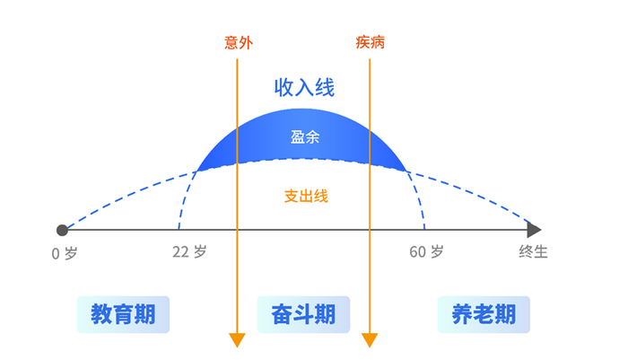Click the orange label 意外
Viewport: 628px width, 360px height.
pyautogui.click(x=237, y=42)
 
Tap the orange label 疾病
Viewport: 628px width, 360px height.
pyautogui.click(x=370, y=42)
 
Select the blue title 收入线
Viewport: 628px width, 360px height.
pyautogui.click(x=304, y=87)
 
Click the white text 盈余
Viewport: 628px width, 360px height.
pyautogui.click(x=305, y=137)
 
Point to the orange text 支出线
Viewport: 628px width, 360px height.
pyautogui.click(x=306, y=195)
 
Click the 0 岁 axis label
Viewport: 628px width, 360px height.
pyautogui.click(x=65, y=253)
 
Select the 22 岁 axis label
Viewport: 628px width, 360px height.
pyautogui.click(x=189, y=253)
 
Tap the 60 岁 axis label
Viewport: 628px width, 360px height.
pyautogui.click(x=426, y=253)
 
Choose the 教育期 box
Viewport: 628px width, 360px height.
pyautogui.click(x=123, y=314)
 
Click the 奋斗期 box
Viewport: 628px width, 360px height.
pyautogui.click(x=303, y=314)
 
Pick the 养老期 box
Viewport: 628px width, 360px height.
pyautogui.click(x=484, y=314)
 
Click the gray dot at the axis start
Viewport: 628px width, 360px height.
pyautogui.click(x=62, y=230)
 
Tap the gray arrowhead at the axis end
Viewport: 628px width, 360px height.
pyautogui.click(x=535, y=230)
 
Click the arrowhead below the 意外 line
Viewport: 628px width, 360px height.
pyautogui.click(x=237, y=339)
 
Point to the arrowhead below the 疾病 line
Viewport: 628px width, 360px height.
pyautogui.click(x=370, y=339)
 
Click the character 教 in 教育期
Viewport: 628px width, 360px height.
pyautogui.click(x=101, y=314)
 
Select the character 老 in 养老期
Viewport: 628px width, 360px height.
pyautogui.click(x=484, y=314)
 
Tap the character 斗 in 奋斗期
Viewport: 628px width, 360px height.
pyautogui.click(x=303, y=314)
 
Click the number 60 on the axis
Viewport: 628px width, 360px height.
pyautogui.click(x=417, y=253)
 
